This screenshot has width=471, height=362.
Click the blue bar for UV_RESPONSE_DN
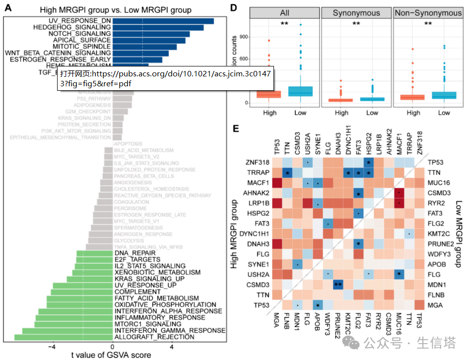pos(163,21)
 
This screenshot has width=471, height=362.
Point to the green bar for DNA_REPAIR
pos(94,253)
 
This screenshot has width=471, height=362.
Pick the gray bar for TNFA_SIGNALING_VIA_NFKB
pos(99,246)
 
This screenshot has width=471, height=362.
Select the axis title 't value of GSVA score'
pos(111,355)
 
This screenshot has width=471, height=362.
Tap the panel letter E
pos(237,128)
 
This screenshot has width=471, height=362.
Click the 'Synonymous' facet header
pos(355,13)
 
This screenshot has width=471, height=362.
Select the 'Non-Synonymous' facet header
pos(427,13)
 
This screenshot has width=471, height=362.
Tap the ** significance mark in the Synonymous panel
pos(355,24)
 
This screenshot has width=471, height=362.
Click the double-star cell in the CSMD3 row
pos(338,284)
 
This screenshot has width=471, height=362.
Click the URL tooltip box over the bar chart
pos(166,78)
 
